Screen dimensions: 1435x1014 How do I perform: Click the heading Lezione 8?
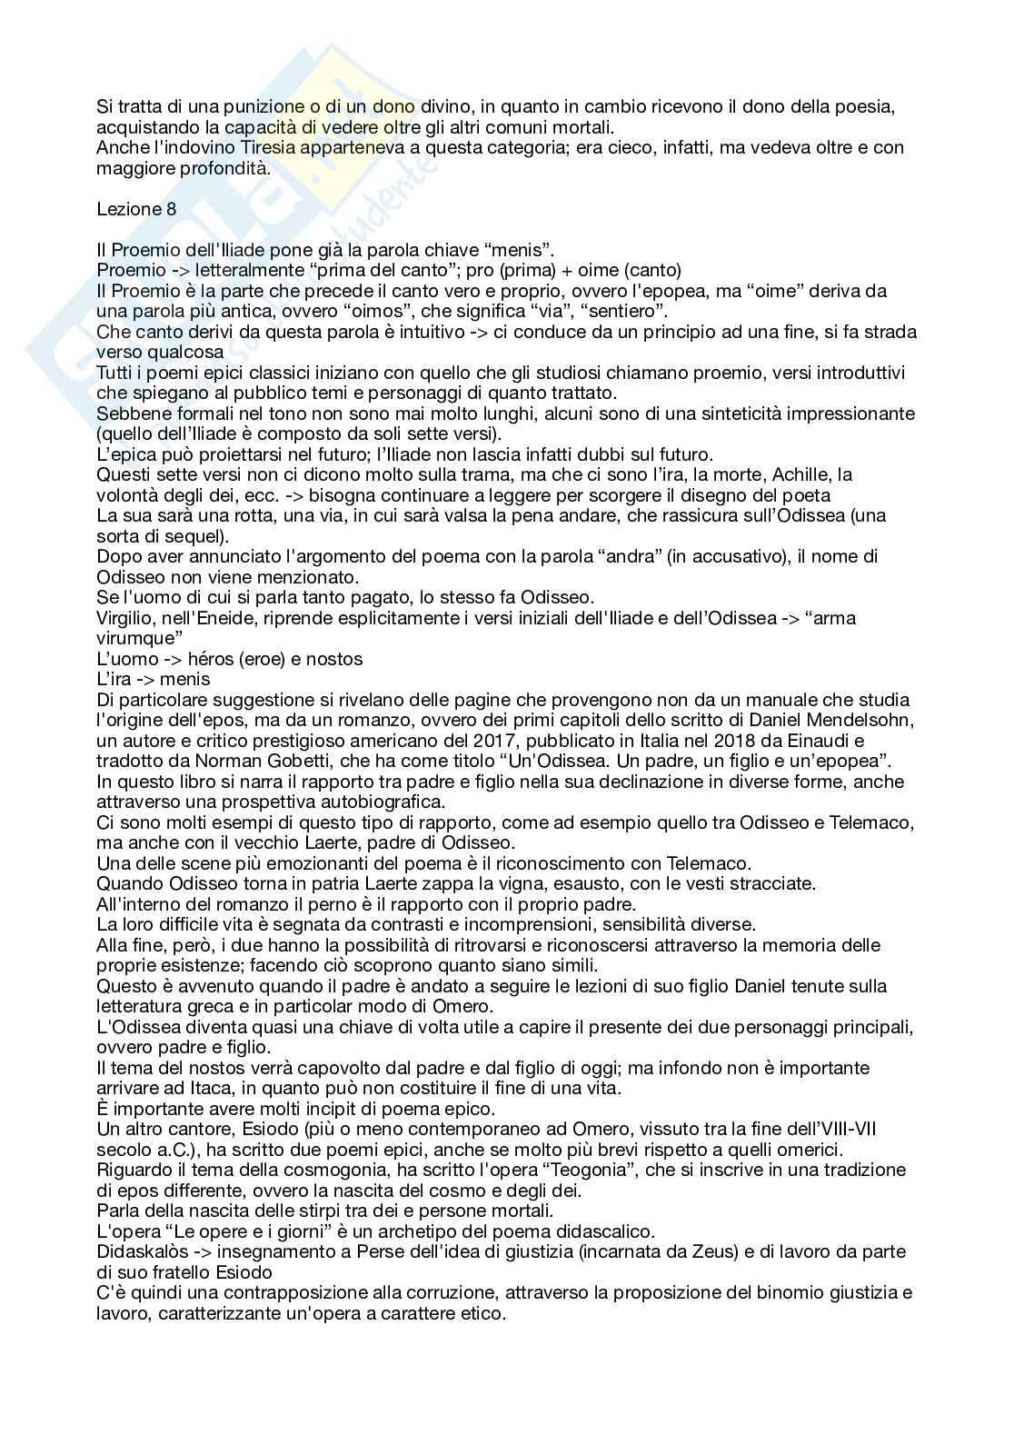(x=137, y=209)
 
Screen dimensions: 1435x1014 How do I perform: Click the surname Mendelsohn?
(x=844, y=720)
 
